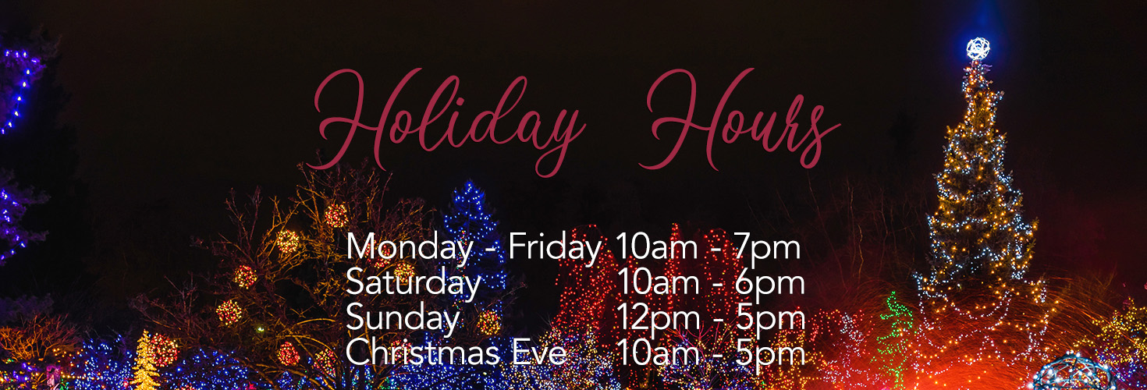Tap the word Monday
(x=409, y=248)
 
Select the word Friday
(x=555, y=248)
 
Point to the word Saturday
(x=413, y=283)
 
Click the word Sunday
(x=403, y=317)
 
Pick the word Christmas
(x=422, y=353)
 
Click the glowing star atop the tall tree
(x=978, y=48)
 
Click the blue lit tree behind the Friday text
(x=473, y=211)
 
